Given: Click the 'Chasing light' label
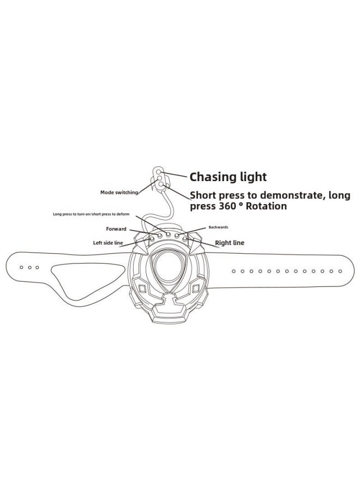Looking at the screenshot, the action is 228,177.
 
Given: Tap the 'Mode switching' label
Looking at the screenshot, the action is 119,192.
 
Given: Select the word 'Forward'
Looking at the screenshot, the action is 116,229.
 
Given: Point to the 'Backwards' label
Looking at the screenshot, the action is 218,227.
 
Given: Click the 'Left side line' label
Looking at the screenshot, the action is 108,243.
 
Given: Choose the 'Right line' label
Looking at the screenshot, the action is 230,243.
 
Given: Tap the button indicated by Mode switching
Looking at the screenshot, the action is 160,178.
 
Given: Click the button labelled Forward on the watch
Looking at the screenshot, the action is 160,235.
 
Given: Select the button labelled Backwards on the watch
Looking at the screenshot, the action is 177,235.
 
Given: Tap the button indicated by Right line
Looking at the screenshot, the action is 185,239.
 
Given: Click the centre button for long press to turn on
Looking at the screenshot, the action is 168,234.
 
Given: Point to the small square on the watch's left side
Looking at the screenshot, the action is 142,288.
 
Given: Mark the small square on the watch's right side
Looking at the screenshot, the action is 196,288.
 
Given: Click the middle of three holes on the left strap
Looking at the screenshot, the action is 29,267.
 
